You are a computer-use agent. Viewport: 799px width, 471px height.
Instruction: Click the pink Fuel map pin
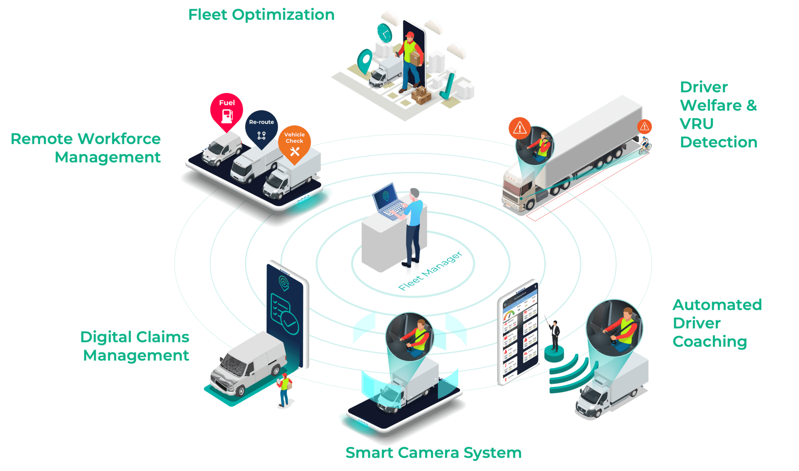227,110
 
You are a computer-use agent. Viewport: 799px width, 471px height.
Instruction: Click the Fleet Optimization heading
261,15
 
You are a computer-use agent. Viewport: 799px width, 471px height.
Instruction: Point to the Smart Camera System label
433,453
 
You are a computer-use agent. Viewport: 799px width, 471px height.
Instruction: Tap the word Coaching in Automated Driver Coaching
710,341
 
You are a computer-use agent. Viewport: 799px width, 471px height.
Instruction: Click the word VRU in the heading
696,124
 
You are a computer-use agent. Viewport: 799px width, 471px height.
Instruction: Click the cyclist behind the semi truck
645,145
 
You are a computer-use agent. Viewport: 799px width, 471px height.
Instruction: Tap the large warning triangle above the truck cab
519,128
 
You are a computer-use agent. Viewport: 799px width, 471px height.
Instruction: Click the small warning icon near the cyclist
645,126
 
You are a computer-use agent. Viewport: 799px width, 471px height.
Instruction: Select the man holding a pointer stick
554,335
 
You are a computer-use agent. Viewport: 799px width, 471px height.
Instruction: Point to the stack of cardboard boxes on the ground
421,94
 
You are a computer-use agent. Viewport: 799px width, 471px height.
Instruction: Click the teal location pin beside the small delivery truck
365,60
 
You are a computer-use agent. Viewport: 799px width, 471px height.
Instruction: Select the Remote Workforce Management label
86,148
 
